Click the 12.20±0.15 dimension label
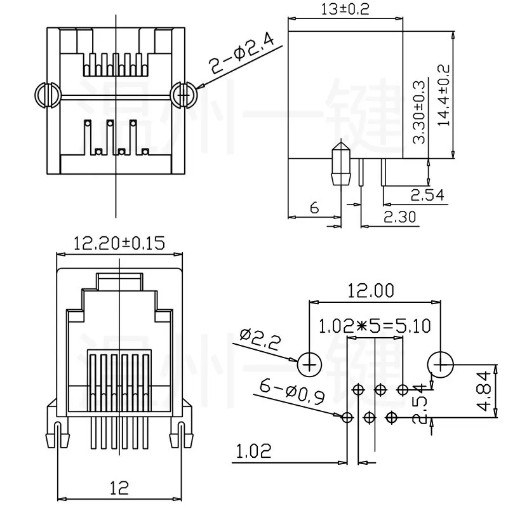(119, 243)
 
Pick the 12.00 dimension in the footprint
(371, 291)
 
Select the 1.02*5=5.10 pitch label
(375, 326)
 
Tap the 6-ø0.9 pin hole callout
(291, 391)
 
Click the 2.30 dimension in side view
(399, 217)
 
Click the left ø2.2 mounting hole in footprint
(310, 364)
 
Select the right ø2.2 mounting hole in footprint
(440, 364)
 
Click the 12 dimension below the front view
(118, 488)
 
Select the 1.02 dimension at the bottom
(253, 451)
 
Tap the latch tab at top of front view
(119, 280)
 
